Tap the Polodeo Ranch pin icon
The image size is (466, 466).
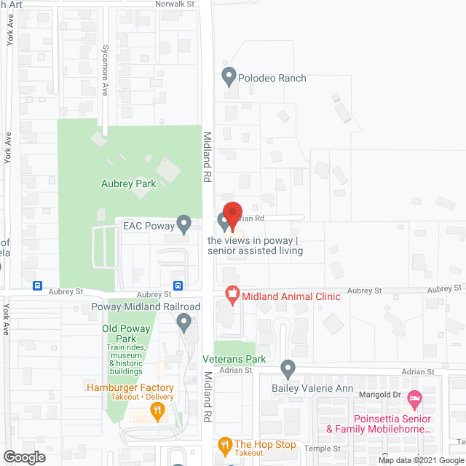(x=229, y=75)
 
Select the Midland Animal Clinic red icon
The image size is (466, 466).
(x=232, y=295)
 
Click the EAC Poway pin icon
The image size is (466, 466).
(x=185, y=223)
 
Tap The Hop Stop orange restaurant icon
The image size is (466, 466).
(x=225, y=444)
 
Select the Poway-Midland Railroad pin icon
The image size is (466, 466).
(x=188, y=319)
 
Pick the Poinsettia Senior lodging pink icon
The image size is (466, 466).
(x=414, y=398)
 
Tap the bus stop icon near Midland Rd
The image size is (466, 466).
(x=178, y=285)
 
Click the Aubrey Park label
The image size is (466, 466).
(x=129, y=184)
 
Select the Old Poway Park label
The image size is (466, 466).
(x=127, y=334)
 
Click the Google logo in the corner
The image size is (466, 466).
(x=24, y=457)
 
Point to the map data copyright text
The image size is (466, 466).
(x=420, y=460)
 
